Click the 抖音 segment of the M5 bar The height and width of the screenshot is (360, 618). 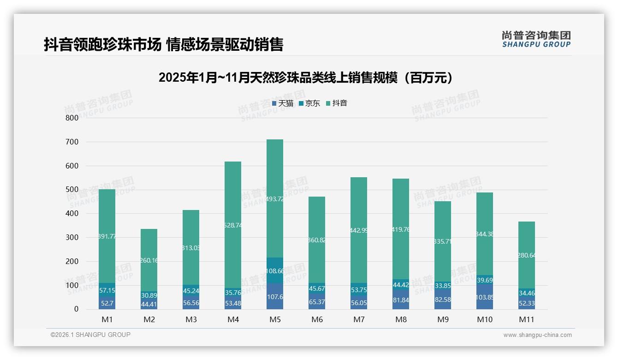pos(275,198)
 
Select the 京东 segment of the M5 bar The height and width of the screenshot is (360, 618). pos(275,270)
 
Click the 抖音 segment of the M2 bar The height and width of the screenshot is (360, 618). pos(149,260)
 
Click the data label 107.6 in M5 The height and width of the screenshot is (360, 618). pos(275,297)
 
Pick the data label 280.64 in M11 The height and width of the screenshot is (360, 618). pos(526,255)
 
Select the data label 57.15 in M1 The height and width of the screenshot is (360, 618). pos(107,291)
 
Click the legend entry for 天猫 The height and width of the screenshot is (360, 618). pos(283,103)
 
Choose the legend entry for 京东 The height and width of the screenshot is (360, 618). pos(309,103)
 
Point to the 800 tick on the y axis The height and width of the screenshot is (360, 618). pos(72,118)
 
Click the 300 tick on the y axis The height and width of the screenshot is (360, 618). pos(72,237)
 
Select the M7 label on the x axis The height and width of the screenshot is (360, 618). pos(359,319)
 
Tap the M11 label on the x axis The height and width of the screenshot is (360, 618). pos(526,319)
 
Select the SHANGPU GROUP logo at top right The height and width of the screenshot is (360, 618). pos(536,39)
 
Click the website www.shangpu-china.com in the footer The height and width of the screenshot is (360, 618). pos(537,335)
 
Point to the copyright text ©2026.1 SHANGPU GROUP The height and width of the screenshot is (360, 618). pos(90,335)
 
